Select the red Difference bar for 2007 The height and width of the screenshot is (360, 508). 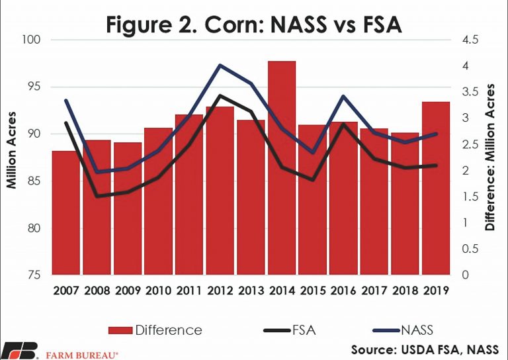(66, 212)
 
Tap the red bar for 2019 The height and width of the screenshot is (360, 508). (436, 188)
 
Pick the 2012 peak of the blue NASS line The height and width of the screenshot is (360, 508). (220, 66)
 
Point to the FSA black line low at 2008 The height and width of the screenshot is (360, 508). (97, 196)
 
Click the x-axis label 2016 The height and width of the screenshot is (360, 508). (343, 289)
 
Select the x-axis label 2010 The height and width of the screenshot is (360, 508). (158, 289)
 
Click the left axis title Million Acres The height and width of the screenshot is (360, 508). (12, 157)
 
